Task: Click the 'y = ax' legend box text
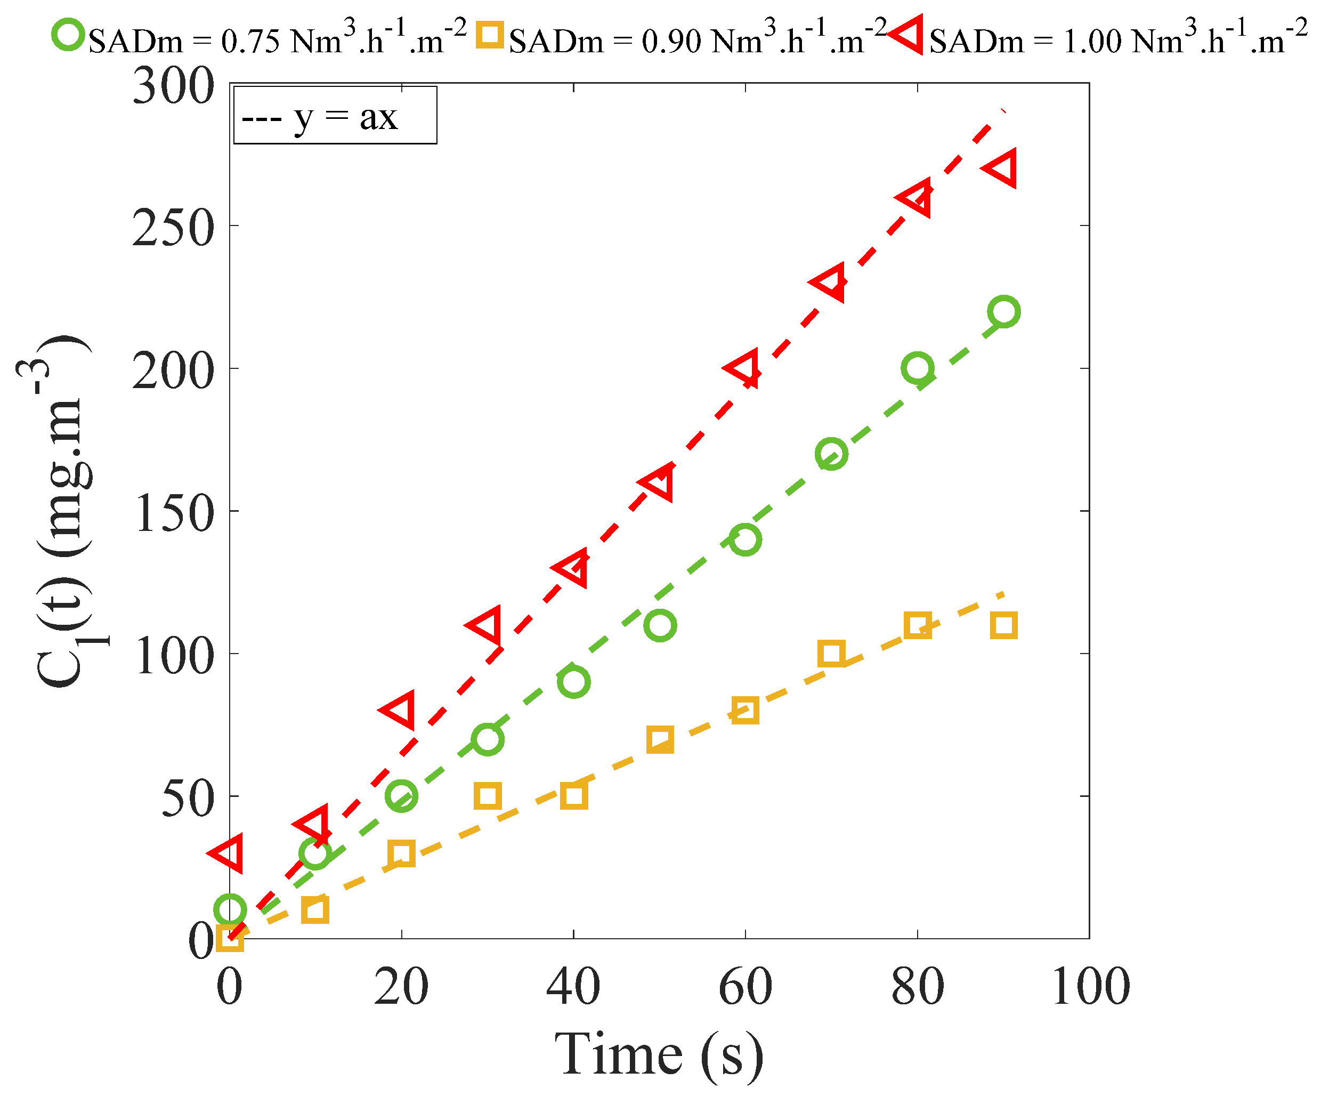point(334,116)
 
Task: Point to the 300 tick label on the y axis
point(173,86)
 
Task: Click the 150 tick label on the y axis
point(173,513)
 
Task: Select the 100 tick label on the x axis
point(1090,987)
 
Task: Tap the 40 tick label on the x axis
point(573,987)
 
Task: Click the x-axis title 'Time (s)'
point(659,1055)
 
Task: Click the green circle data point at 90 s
point(1003,311)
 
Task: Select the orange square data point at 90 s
point(1003,626)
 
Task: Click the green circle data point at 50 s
point(660,626)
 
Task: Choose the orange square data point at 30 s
point(488,796)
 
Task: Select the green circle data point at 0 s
point(230,910)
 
